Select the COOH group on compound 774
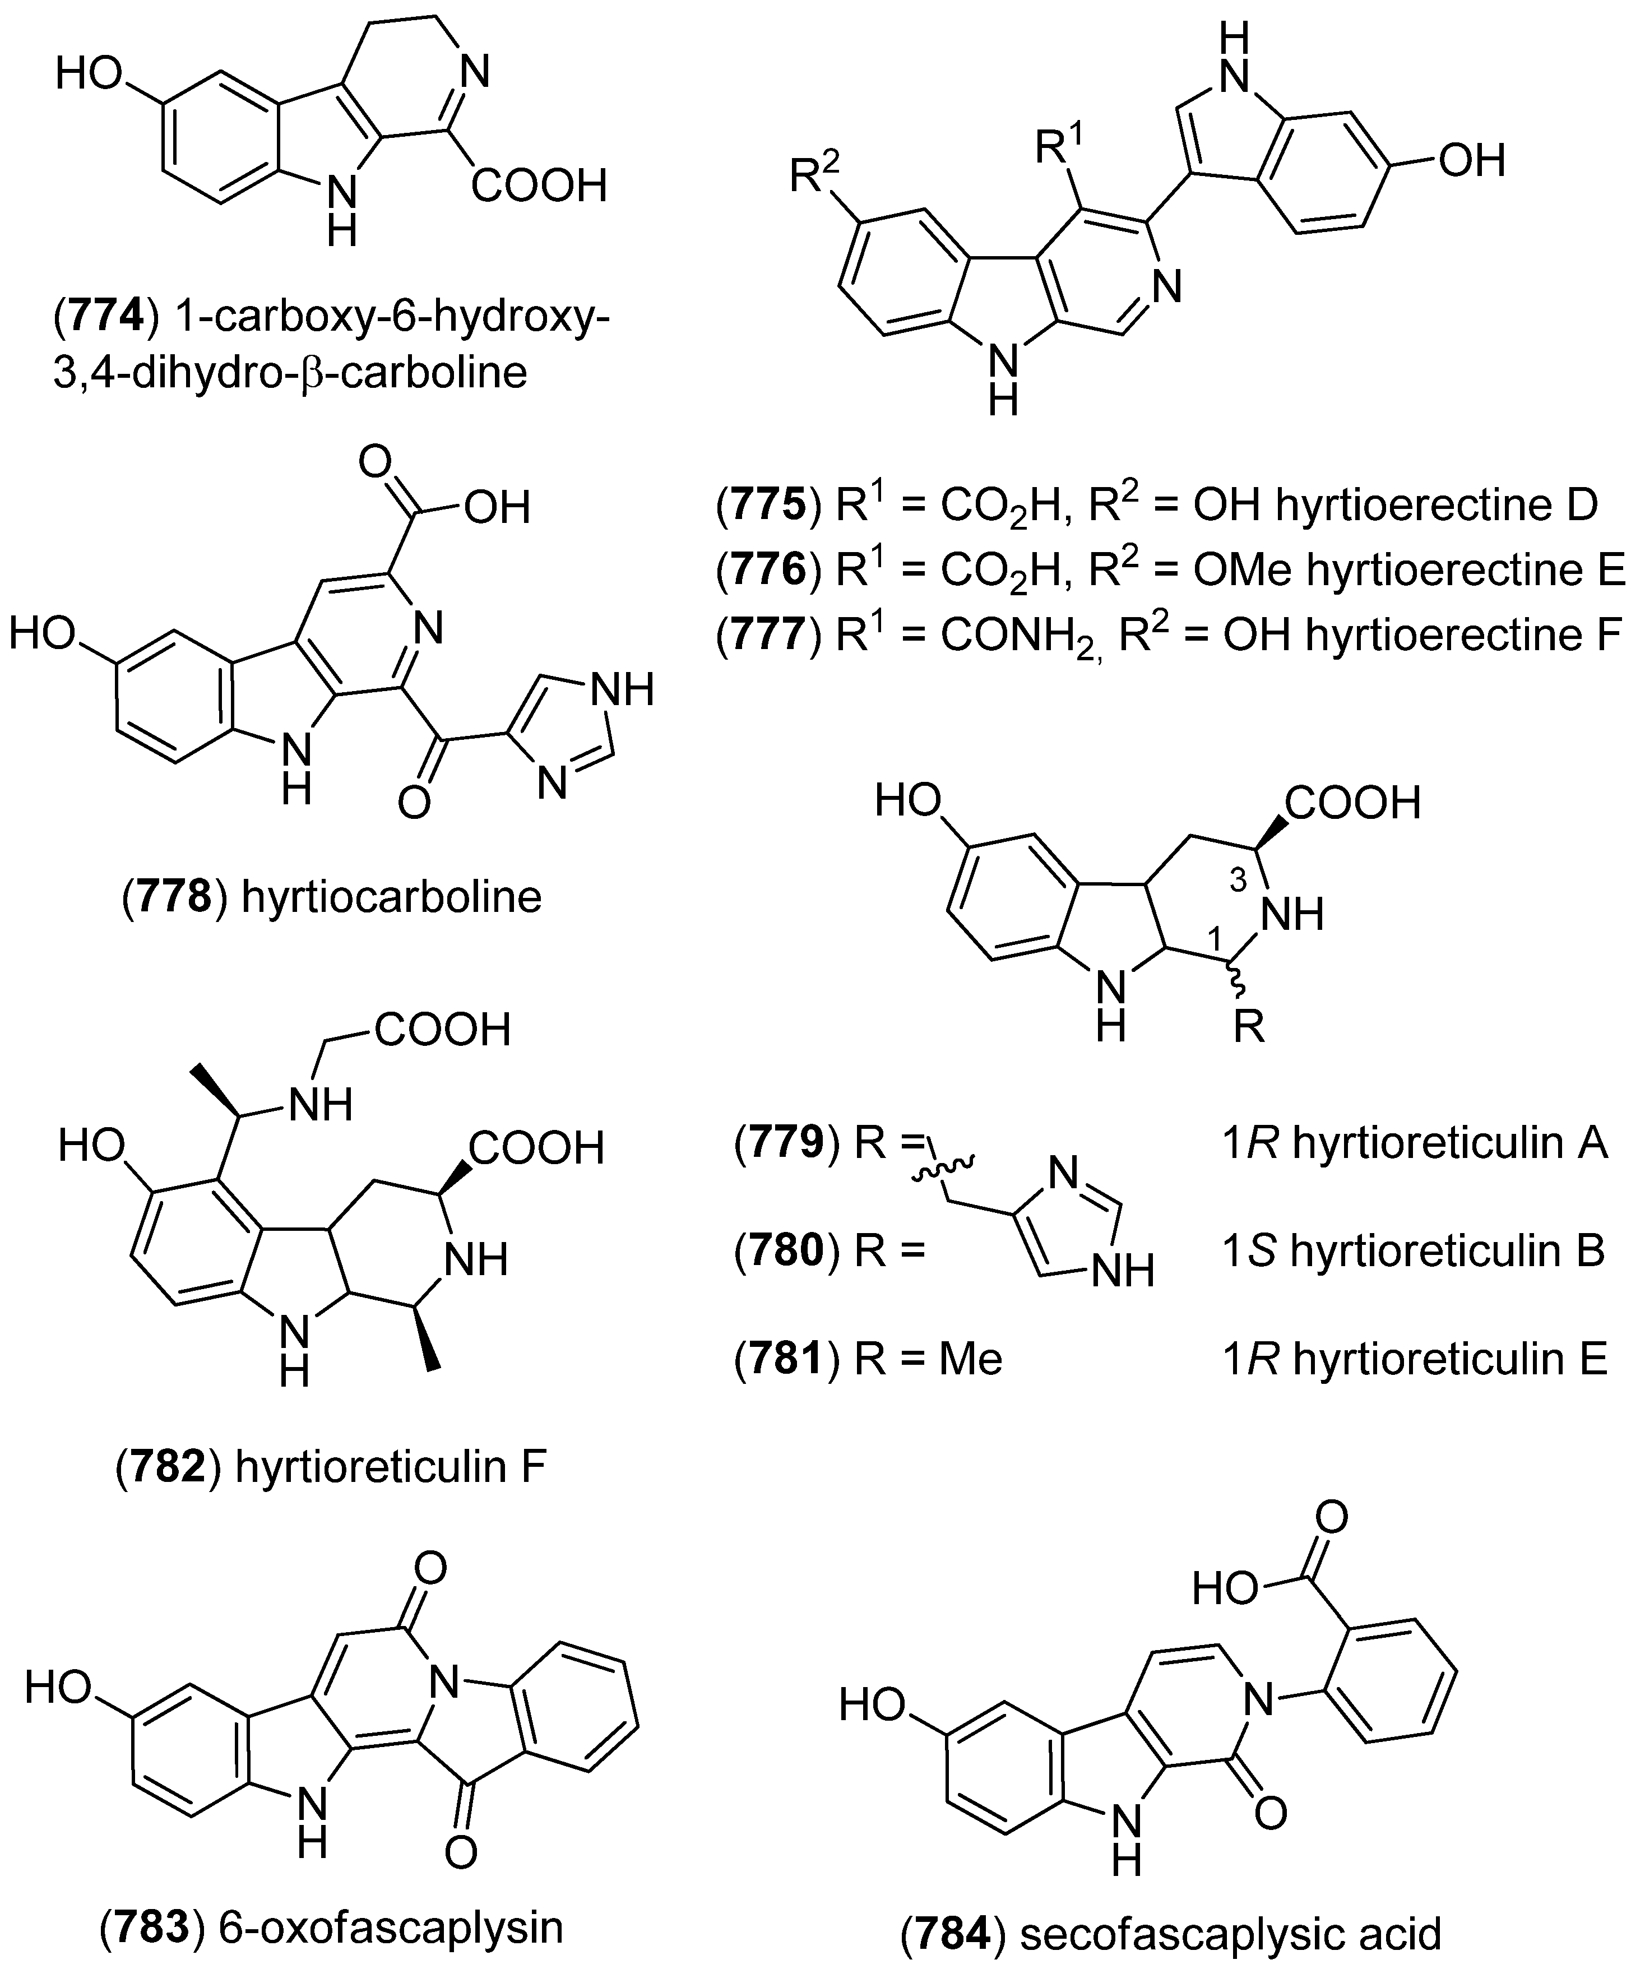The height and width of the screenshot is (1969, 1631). tap(539, 186)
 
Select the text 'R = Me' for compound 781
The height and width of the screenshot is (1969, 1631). tap(929, 1359)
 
